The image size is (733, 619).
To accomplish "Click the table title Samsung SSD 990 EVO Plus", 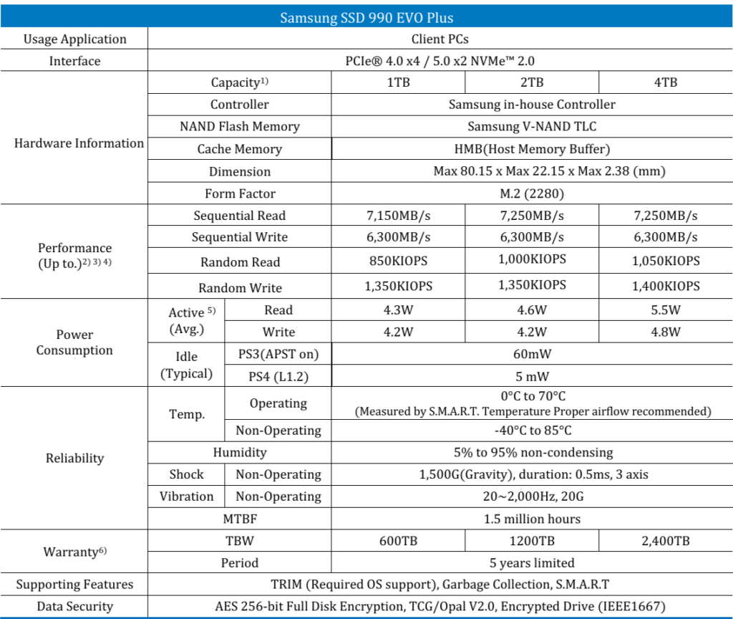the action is [366, 17].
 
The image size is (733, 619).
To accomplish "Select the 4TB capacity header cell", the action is [665, 82].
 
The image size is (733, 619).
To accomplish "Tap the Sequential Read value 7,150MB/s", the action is [399, 216].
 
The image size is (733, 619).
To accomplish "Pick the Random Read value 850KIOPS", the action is [399, 261].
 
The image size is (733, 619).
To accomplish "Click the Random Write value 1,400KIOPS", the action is [665, 286].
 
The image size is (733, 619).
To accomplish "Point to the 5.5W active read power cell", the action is [665, 310].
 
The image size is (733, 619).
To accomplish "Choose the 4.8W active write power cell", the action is [665, 332].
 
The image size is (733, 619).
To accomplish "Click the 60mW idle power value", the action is [532, 354].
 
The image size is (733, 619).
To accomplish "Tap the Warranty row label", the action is [74, 552].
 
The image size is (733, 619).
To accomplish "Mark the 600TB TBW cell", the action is [399, 541].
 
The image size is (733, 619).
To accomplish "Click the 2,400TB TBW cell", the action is [665, 541].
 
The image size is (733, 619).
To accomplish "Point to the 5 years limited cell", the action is [532, 562].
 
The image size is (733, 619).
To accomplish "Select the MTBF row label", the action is [240, 518].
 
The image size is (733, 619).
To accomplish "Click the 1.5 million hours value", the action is [532, 518].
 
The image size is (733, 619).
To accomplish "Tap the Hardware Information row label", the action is [79, 143].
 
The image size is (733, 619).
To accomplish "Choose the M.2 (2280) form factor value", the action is [532, 193].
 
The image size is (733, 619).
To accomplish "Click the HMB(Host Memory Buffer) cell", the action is [532, 149].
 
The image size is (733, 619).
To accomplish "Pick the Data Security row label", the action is [74, 606].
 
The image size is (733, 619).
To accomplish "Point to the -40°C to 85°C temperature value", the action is [532, 431].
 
